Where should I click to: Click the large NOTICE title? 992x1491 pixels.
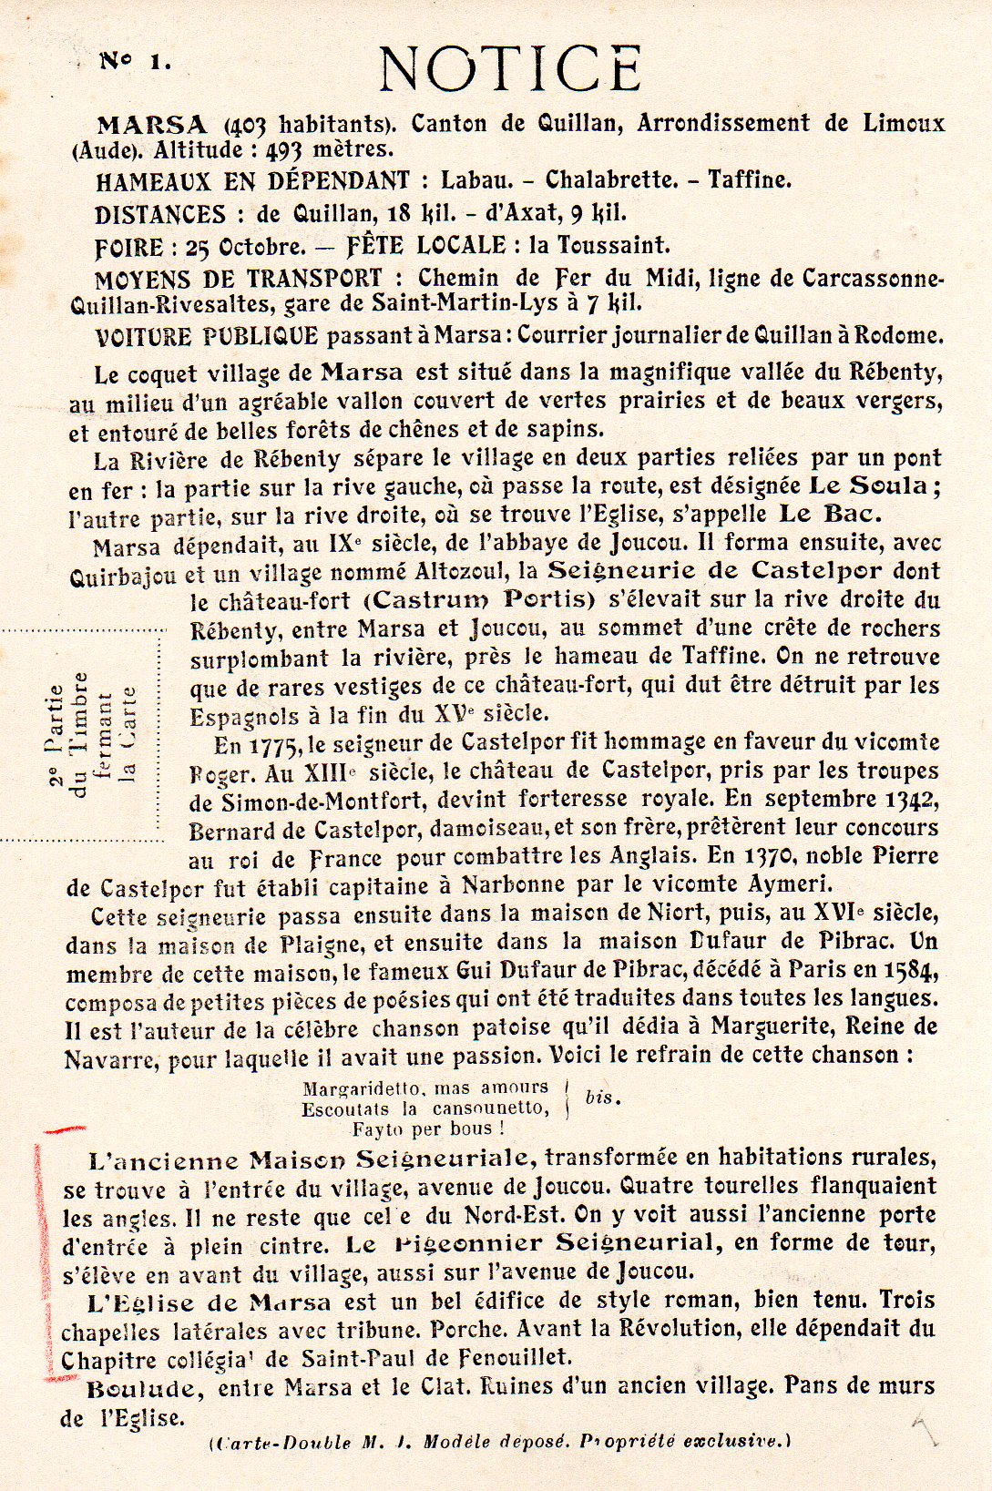(510, 68)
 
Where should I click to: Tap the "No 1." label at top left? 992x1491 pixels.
(134, 62)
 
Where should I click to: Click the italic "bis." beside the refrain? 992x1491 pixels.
(602, 1098)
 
